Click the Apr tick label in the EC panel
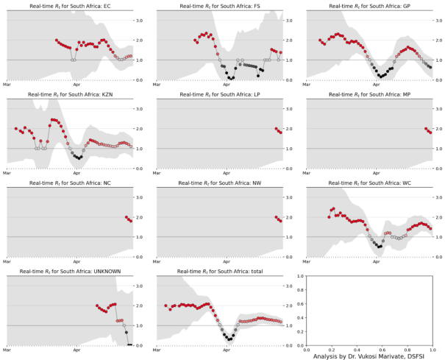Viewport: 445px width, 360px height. (x=76, y=86)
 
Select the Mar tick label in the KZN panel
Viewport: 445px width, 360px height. (x=7, y=174)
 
